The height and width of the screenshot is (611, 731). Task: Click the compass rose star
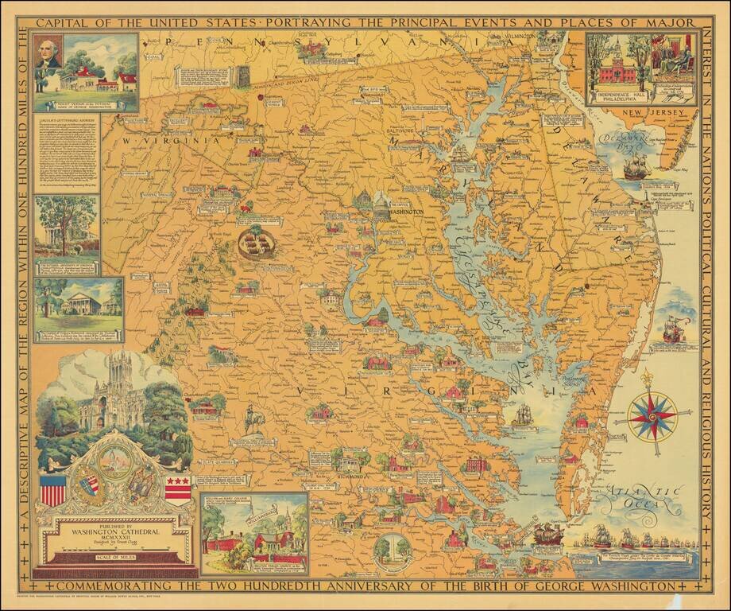[652, 414]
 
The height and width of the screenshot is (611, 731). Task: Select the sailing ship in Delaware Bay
[637, 167]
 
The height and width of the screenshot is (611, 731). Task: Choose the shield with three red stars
[177, 488]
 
